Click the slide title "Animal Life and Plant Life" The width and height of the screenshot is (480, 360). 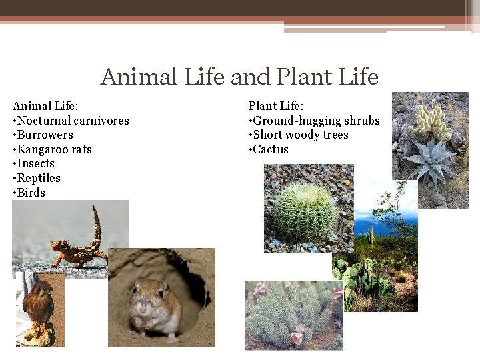pos(239,77)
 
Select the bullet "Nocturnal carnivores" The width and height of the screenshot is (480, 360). pos(73,121)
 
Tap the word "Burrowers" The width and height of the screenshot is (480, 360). pos(45,135)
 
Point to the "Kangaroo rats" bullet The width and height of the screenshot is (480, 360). pos(54,149)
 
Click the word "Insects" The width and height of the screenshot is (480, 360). pos(35,163)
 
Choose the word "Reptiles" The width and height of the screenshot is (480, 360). pos(39,178)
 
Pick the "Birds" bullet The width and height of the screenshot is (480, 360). pos(31,193)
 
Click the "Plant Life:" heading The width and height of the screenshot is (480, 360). pos(276,106)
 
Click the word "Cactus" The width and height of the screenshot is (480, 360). pos(271,149)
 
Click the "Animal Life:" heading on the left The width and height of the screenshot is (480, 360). pos(45,106)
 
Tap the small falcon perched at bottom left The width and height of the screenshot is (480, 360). pos(39,308)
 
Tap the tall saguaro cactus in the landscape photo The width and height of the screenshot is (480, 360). pos(371,234)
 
